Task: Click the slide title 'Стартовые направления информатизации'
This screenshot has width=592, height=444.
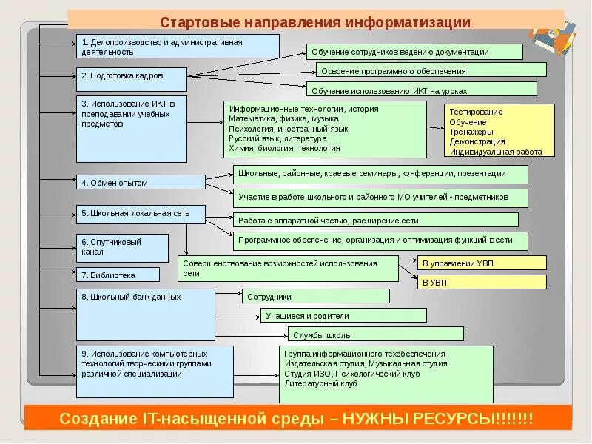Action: point(315,22)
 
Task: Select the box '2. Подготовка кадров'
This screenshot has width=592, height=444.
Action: point(130,75)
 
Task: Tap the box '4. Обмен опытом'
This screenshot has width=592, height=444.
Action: point(141,182)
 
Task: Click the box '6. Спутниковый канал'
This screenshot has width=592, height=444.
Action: point(122,247)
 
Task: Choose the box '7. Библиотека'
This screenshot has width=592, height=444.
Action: point(118,275)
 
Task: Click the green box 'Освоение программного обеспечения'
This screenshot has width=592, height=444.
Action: point(431,70)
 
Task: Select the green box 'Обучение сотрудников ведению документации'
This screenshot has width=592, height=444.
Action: point(414,52)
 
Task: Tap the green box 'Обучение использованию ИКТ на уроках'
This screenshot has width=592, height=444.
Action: point(421,90)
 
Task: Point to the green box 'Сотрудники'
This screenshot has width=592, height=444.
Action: point(316,296)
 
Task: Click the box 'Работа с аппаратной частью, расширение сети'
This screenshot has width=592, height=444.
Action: point(381,220)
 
